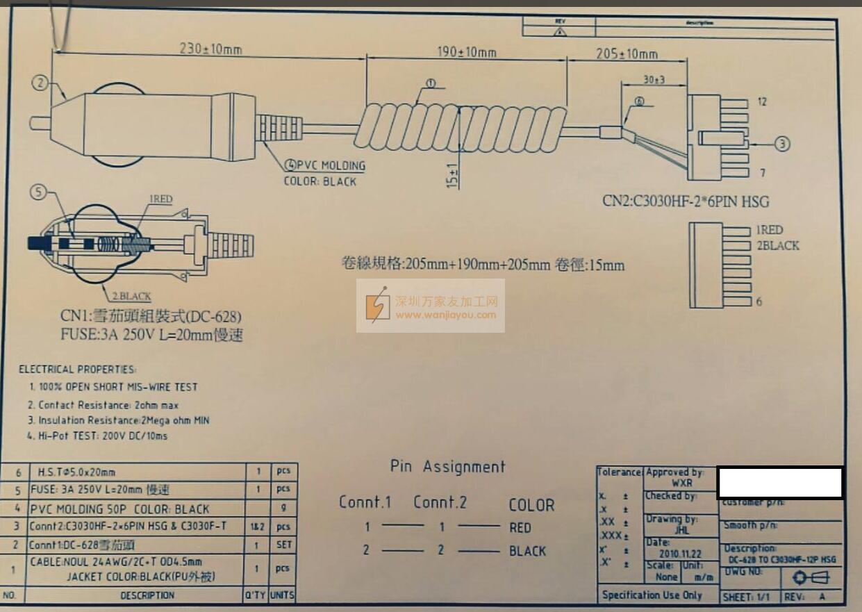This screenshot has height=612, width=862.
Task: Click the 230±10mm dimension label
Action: pyautogui.click(x=211, y=49)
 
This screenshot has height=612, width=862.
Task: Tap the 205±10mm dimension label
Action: pyautogui.click(x=627, y=54)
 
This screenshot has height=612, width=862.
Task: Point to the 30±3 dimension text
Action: pyautogui.click(x=653, y=80)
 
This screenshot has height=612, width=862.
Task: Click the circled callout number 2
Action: pyautogui.click(x=41, y=83)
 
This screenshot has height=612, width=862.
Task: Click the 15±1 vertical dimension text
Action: pyautogui.click(x=453, y=176)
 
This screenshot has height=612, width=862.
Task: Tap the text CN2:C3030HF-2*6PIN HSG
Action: pyautogui.click(x=686, y=201)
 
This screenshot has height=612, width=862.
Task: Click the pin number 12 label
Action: pyautogui.click(x=762, y=102)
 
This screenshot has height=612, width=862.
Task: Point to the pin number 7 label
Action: pyautogui.click(x=762, y=172)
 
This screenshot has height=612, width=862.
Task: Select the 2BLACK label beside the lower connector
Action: pyautogui.click(x=777, y=245)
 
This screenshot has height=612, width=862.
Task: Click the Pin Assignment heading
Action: pyautogui.click(x=447, y=467)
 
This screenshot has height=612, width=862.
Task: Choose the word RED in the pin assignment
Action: pyautogui.click(x=520, y=528)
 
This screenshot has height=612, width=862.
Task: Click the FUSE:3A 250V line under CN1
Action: pyautogui.click(x=151, y=335)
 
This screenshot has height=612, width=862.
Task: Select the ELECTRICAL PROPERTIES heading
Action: pyautogui.click(x=77, y=370)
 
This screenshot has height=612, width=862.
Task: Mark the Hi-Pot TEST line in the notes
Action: pyautogui.click(x=97, y=436)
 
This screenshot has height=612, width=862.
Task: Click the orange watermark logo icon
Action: pyautogui.click(x=379, y=306)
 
